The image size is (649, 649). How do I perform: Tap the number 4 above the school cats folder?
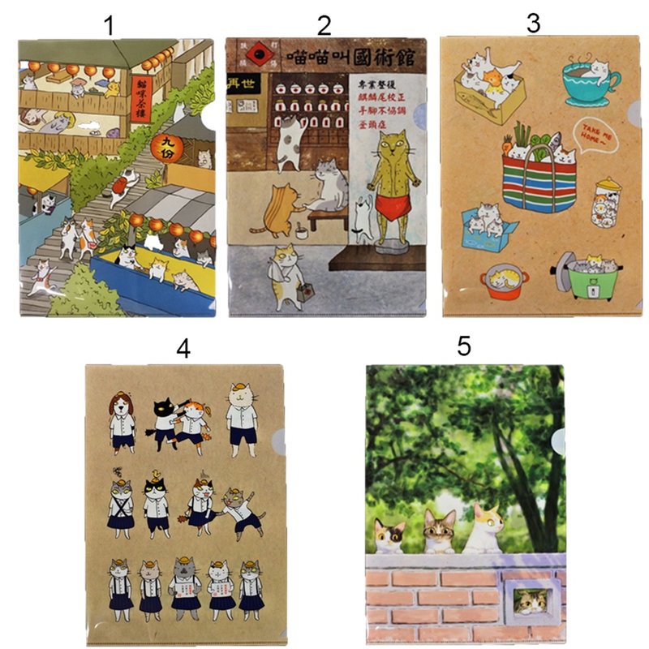pyautogui.click(x=183, y=349)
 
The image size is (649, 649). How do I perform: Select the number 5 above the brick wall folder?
pyautogui.click(x=463, y=346)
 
